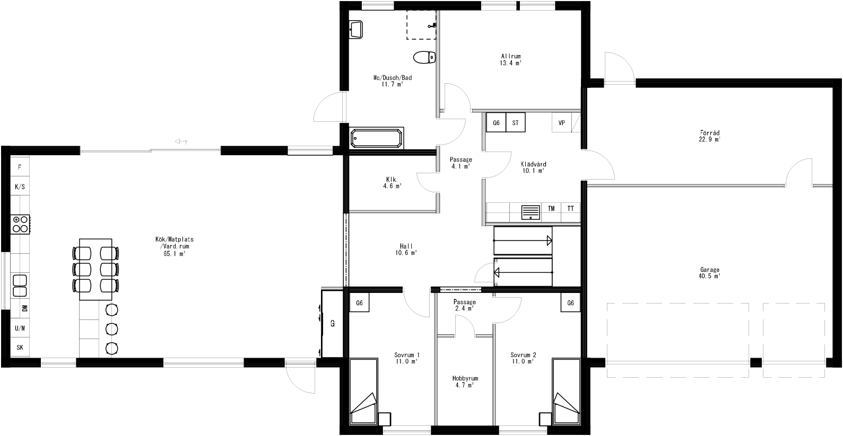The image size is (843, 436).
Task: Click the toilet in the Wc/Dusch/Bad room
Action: pyautogui.click(x=424, y=57)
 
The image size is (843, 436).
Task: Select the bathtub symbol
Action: pyautogui.click(x=377, y=139)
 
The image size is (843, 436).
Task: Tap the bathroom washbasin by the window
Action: pyautogui.click(x=356, y=29)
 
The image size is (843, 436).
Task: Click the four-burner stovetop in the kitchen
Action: pyautogui.click(x=21, y=224)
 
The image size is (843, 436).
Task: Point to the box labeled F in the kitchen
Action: pyautogui.click(x=20, y=167)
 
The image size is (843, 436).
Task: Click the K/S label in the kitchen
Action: pyautogui.click(x=20, y=187)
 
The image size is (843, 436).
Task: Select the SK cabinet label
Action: pyautogui.click(x=20, y=348)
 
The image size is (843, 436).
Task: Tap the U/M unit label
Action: pyautogui.click(x=20, y=328)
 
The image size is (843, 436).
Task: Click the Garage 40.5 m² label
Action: pyautogui.click(x=709, y=273)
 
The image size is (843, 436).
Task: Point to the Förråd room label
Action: pyautogui.click(x=709, y=136)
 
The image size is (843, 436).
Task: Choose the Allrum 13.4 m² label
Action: pyautogui.click(x=511, y=59)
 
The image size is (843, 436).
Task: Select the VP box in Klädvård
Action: pyautogui.click(x=561, y=123)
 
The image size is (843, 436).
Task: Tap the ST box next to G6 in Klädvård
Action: pyautogui.click(x=515, y=123)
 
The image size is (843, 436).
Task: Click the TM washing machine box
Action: pyautogui.click(x=551, y=209)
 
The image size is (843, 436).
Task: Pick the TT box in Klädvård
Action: pyautogui.click(x=570, y=209)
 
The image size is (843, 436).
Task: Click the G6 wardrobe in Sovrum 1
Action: pyautogui.click(x=359, y=303)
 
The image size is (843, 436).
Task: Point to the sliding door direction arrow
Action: pyautogui.click(x=181, y=141)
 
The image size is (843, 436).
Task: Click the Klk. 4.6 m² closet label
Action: pyautogui.click(x=393, y=182)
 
